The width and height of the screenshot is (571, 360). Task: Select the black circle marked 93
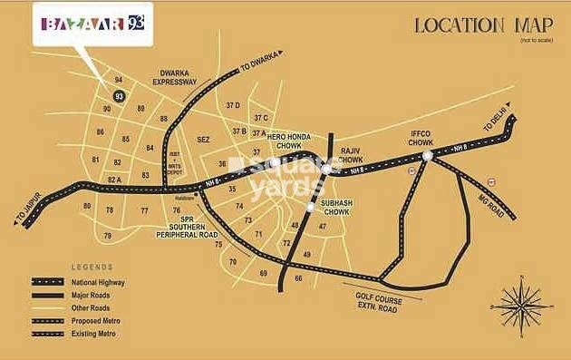(119, 95)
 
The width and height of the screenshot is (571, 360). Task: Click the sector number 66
(298, 278)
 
